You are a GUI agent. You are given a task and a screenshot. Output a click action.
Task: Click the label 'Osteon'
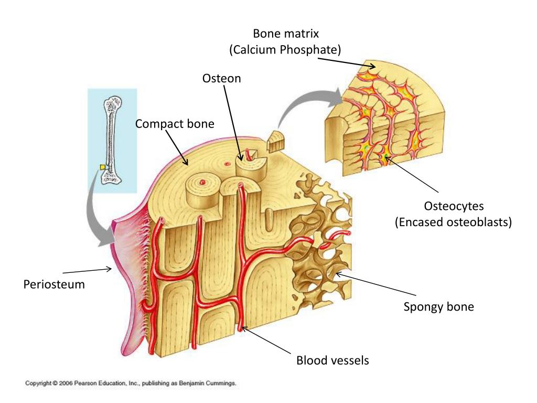click(x=222, y=79)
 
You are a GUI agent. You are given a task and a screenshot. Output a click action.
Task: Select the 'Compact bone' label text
click(x=175, y=124)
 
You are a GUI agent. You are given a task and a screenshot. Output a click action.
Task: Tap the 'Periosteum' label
click(x=54, y=285)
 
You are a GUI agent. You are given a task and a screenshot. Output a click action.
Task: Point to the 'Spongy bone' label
click(x=438, y=306)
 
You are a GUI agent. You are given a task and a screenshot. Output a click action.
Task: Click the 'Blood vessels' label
click(x=332, y=360)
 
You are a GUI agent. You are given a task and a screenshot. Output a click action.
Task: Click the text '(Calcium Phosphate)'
click(x=285, y=50)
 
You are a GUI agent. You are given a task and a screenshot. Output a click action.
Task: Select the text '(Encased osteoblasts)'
click(x=453, y=222)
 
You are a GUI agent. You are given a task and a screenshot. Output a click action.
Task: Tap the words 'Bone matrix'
click(x=286, y=34)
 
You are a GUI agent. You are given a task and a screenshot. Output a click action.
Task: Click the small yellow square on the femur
click(x=104, y=167)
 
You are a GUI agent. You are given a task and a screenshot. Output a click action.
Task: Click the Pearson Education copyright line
click(x=132, y=384)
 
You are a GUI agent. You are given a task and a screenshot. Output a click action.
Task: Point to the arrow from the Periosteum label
click(x=87, y=271)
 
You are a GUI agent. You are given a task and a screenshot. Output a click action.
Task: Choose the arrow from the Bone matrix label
click(x=346, y=62)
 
